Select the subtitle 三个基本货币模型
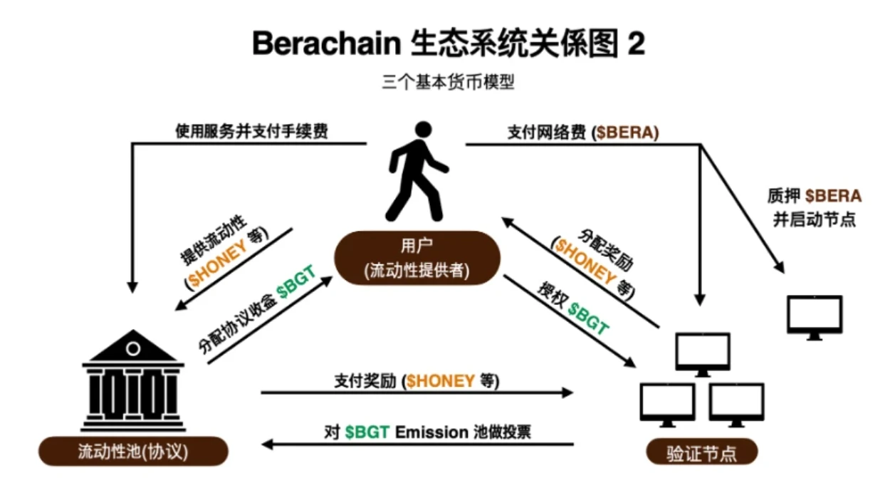(447, 82)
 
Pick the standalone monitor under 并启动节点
(815, 317)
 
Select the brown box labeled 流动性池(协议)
(133, 452)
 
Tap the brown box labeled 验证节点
(701, 452)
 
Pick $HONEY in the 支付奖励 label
(440, 381)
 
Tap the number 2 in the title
(635, 44)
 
